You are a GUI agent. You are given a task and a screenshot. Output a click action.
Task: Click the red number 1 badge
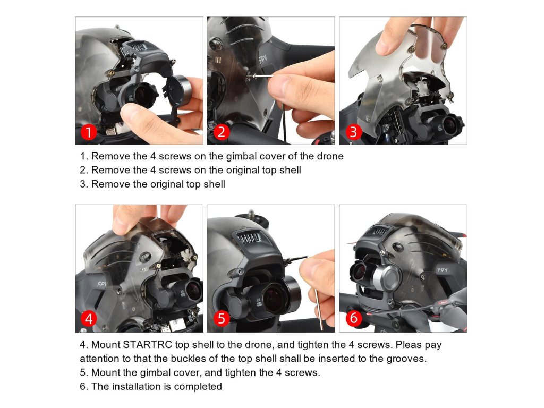pyautogui.click(x=89, y=132)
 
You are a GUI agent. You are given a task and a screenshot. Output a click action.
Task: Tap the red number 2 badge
pyautogui.click(x=222, y=132)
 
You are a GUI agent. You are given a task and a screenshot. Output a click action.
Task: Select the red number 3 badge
pyautogui.click(x=353, y=132)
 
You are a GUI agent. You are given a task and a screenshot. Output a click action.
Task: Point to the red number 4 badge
pyautogui.click(x=89, y=319)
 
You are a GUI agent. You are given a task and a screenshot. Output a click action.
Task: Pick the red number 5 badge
pyautogui.click(x=222, y=319)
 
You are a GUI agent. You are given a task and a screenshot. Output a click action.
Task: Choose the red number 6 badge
pyautogui.click(x=353, y=319)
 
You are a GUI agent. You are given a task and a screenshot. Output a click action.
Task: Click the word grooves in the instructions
pyautogui.click(x=406, y=359)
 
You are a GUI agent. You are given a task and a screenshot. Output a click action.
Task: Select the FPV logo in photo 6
pyautogui.click(x=442, y=269)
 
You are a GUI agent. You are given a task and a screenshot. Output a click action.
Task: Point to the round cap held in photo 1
pyautogui.click(x=179, y=91)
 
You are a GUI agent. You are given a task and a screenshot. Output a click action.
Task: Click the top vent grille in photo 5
pyautogui.click(x=249, y=239)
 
